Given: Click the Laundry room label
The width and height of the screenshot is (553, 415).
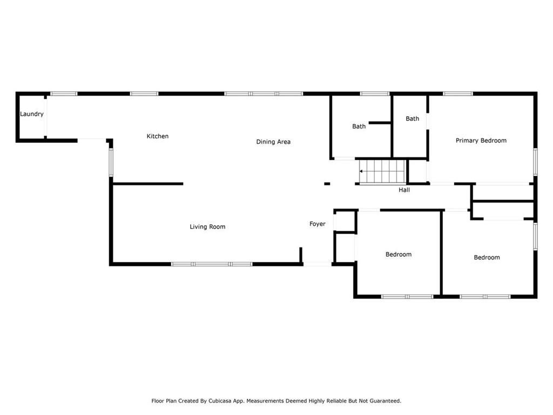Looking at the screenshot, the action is [x=32, y=114].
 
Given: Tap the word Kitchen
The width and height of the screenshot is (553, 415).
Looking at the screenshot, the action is [x=157, y=136].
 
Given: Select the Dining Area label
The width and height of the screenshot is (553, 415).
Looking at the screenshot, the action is [x=273, y=142].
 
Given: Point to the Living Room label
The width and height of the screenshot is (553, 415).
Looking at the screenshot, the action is [x=207, y=227].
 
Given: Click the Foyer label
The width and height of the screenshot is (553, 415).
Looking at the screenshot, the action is [x=318, y=224].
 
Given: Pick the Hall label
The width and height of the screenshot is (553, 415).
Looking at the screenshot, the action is [x=404, y=190].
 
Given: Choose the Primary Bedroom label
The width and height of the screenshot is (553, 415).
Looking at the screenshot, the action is [x=481, y=140].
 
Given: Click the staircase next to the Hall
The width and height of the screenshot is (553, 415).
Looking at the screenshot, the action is [x=383, y=171].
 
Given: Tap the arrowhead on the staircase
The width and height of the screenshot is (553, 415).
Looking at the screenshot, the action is [x=361, y=171].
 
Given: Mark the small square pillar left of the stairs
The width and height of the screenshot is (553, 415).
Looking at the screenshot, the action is [x=327, y=184].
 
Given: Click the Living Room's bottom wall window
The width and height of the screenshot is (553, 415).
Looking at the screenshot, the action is [x=212, y=264].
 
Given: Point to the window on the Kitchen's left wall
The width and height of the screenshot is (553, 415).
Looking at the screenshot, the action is [x=111, y=162].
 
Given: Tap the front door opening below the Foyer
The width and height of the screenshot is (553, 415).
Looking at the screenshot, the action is [x=317, y=264].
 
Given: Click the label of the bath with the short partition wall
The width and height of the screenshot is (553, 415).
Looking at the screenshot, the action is [x=359, y=126].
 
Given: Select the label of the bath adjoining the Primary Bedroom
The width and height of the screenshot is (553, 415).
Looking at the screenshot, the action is [x=412, y=118].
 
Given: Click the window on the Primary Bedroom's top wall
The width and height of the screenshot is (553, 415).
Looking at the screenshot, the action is [x=457, y=94].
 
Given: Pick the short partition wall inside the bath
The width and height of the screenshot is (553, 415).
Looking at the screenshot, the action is [x=380, y=123].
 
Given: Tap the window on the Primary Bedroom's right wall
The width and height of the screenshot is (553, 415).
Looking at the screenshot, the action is [x=535, y=162].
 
